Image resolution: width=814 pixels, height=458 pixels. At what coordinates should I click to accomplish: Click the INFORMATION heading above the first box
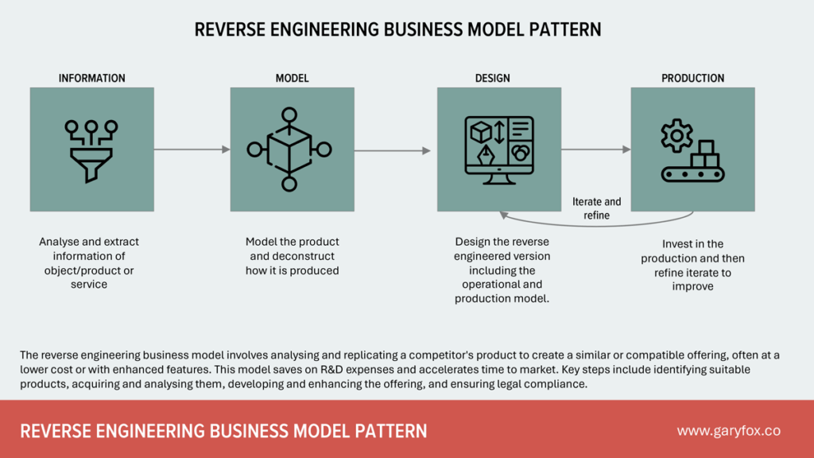pos(91,78)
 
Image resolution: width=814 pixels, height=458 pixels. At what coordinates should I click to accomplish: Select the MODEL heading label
pos(292,78)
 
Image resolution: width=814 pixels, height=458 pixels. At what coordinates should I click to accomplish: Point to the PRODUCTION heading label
pos(692,78)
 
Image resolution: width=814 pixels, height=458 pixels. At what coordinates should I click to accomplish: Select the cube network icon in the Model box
pos(289,149)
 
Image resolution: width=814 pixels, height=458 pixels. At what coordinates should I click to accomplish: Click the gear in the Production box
pos(676,136)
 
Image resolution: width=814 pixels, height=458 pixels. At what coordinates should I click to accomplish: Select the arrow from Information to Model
pos(192,149)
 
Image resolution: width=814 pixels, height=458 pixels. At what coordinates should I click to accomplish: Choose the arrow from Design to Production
pos(595,149)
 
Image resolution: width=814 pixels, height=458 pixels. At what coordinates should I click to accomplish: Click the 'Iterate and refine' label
pos(596,208)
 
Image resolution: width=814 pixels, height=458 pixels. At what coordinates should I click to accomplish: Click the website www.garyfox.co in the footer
pos(728,431)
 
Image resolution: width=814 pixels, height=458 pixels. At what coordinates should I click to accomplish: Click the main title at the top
pos(397,30)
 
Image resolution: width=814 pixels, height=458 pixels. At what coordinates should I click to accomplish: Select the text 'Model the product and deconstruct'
pos(292,249)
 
